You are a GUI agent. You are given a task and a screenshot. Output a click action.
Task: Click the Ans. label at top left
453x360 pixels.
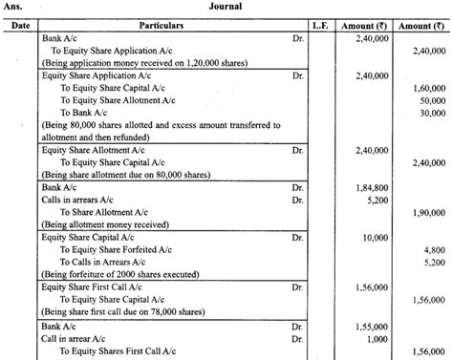click(13, 8)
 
